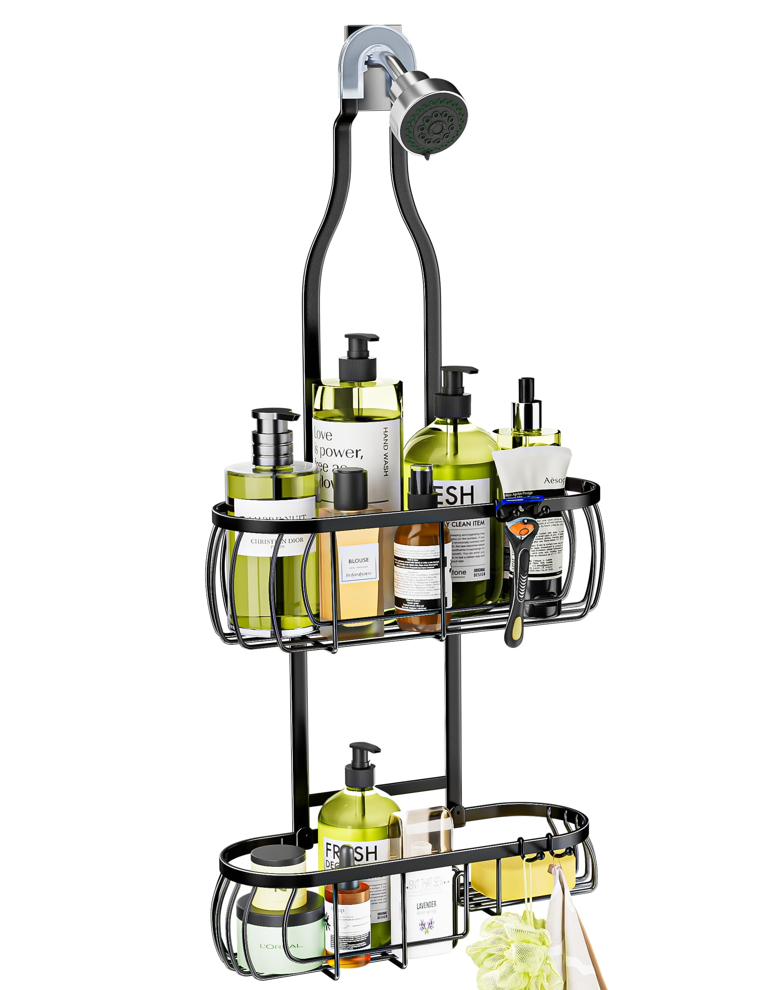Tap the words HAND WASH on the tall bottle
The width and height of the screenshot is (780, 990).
click(385, 452)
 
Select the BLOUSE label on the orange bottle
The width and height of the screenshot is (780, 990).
click(359, 560)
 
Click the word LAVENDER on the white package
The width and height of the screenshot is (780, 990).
click(426, 904)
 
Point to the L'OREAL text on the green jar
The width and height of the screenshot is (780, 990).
click(281, 946)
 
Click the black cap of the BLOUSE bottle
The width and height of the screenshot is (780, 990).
click(350, 485)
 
